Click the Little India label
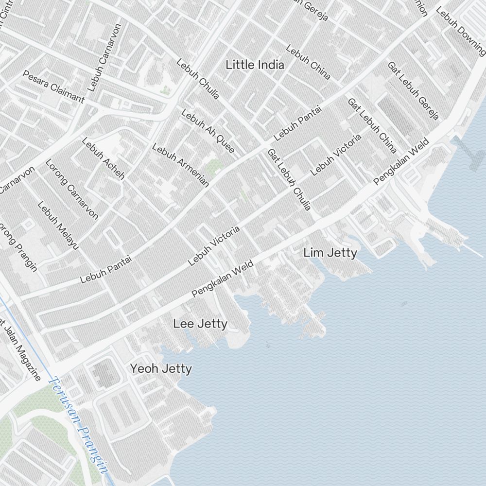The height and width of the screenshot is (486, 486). (x=255, y=65)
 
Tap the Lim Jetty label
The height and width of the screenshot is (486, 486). (x=330, y=253)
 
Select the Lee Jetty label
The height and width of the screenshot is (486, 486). (x=200, y=324)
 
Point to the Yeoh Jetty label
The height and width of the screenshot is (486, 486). (x=161, y=369)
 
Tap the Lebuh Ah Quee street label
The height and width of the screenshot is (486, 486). (x=208, y=131)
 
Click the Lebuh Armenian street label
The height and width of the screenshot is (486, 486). (x=180, y=165)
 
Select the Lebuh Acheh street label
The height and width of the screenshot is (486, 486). (x=103, y=158)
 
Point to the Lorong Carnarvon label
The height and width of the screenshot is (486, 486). (x=72, y=189)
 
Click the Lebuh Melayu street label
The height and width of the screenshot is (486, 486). (x=58, y=226)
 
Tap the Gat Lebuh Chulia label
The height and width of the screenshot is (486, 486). (x=289, y=179)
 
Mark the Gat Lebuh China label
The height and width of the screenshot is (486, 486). (x=372, y=125)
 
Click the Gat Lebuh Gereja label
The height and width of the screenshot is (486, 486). (x=413, y=90)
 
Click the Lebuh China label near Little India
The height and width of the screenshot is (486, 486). (x=308, y=62)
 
